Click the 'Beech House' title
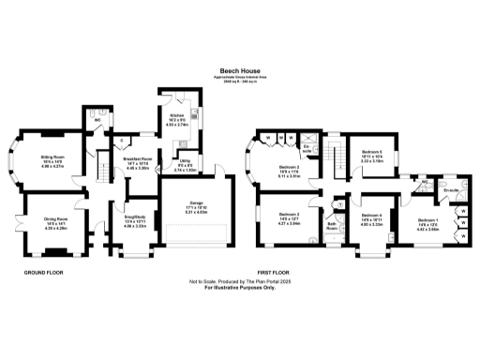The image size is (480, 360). click(239, 69)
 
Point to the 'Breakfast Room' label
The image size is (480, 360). click(138, 160)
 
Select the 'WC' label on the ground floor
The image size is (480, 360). click(97, 120)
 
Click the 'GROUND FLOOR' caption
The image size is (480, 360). click(43, 273)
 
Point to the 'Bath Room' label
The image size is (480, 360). click(332, 225)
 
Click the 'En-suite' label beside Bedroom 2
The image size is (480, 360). click(307, 147)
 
